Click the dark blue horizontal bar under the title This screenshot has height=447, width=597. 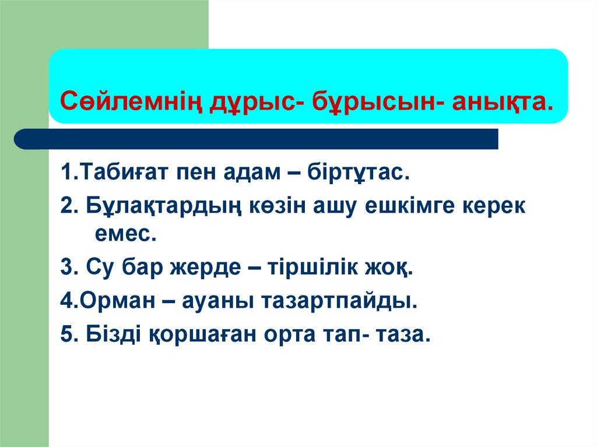[x=257, y=139]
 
